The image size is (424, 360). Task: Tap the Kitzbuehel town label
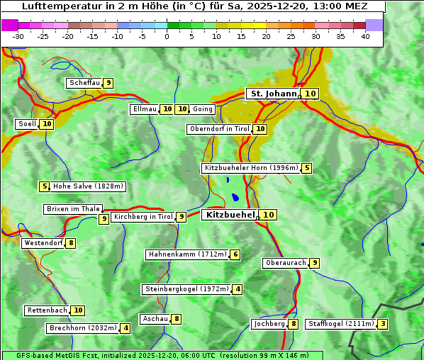coord(229,215)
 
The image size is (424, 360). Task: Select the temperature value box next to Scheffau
coord(108,83)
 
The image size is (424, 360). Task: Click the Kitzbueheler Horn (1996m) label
coord(250,168)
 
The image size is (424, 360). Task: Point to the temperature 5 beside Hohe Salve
coord(45,186)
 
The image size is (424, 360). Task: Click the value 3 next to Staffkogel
coord(383,324)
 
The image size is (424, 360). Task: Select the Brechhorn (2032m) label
coord(83,328)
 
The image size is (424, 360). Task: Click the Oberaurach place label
coord(285,263)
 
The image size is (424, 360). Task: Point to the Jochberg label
coord(269,324)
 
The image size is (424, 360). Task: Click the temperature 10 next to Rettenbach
coord(78,310)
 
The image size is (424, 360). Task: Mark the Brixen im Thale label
coord(73,209)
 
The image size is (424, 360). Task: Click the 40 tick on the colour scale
coord(365,36)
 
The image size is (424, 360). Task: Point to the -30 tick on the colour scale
coord(18,36)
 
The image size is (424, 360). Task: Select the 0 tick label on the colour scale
coord(167,36)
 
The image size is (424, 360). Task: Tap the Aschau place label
coord(155,319)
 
